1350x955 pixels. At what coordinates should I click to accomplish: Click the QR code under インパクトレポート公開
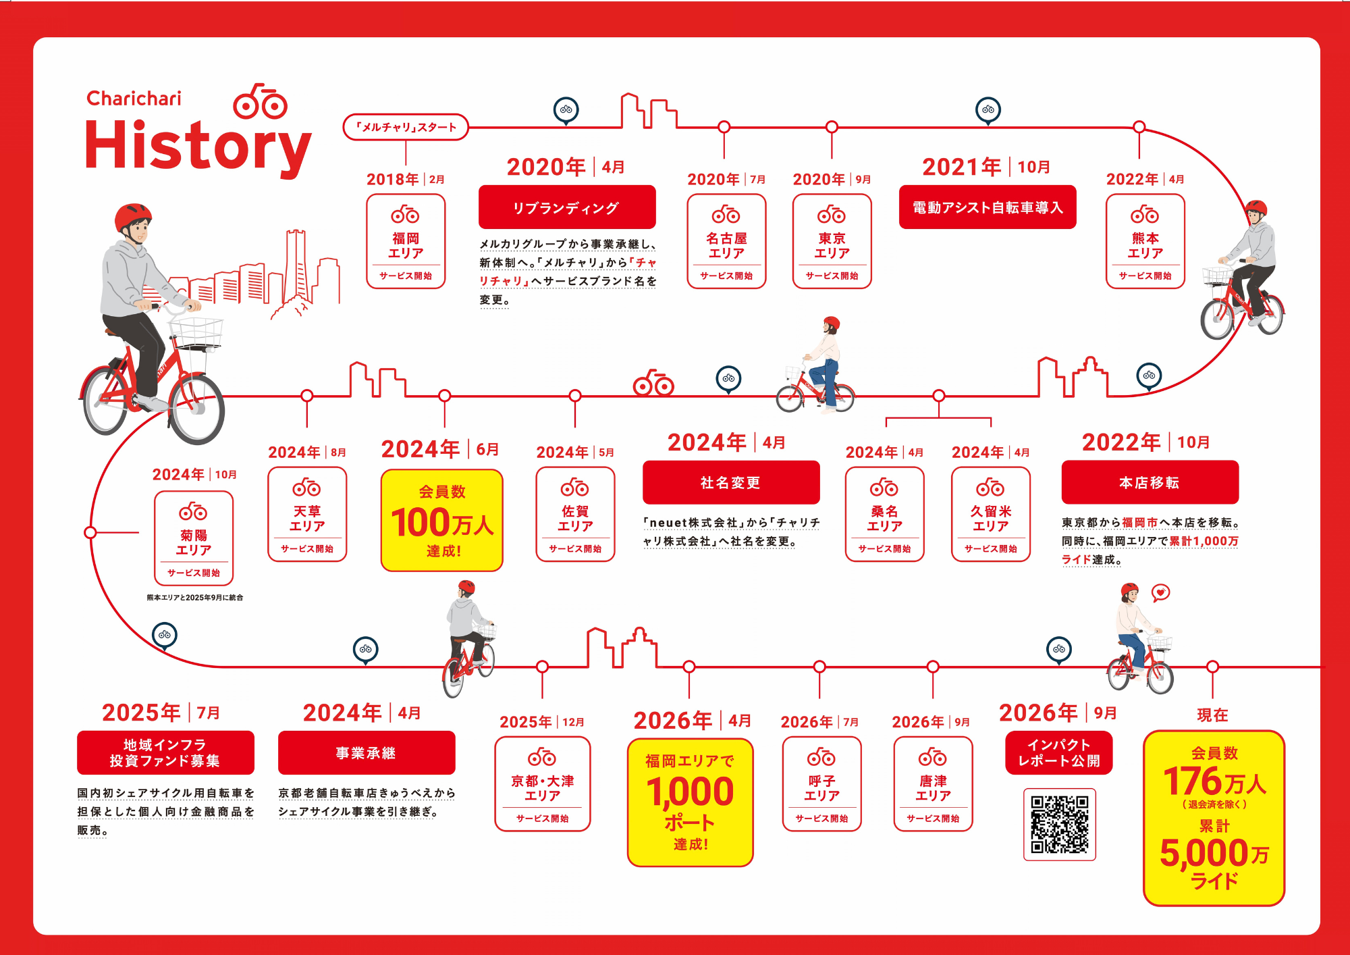pos(1059,824)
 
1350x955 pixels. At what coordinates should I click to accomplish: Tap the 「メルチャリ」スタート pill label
pos(406,127)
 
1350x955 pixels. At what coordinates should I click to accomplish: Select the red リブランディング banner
pos(567,207)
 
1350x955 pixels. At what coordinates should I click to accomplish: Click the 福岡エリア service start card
pos(406,241)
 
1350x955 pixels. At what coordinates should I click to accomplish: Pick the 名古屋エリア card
pos(726,241)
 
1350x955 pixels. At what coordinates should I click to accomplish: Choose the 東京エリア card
pos(832,241)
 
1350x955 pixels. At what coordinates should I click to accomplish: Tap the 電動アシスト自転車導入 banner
pos(988,207)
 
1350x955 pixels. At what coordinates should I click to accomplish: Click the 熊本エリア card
pos(1145,241)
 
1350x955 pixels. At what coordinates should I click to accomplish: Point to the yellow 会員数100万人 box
pos(442,520)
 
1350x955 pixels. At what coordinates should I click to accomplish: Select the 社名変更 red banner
pos(731,482)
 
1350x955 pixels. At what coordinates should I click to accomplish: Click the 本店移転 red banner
pos(1150,482)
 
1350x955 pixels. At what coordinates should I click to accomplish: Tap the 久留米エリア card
pos(991,514)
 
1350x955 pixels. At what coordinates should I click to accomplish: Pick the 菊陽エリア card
pos(194,538)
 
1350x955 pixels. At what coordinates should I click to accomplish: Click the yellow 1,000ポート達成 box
pos(690,802)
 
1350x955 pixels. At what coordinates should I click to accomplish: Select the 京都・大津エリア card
pos(543,783)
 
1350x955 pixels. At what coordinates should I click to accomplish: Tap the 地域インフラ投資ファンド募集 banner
pos(165,752)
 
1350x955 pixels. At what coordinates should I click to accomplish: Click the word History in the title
pos(198,148)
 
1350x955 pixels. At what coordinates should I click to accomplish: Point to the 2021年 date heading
pos(961,167)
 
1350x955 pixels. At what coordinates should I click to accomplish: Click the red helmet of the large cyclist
pos(132,216)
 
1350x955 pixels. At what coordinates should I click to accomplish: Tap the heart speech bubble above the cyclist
pos(1160,593)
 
